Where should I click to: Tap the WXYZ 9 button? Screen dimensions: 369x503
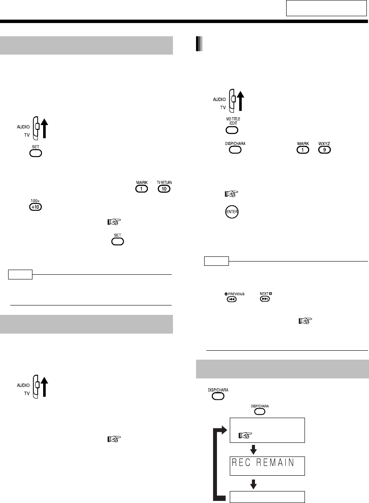coord(324,151)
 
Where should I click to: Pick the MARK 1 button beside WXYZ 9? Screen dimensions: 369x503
coord(302,151)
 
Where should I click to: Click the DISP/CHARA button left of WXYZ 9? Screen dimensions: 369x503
coord(232,151)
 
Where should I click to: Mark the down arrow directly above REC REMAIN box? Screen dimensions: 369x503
coord(253,448)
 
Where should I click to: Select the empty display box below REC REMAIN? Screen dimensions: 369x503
coord(267,497)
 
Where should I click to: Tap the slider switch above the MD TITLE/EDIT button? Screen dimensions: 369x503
coord(232,99)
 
